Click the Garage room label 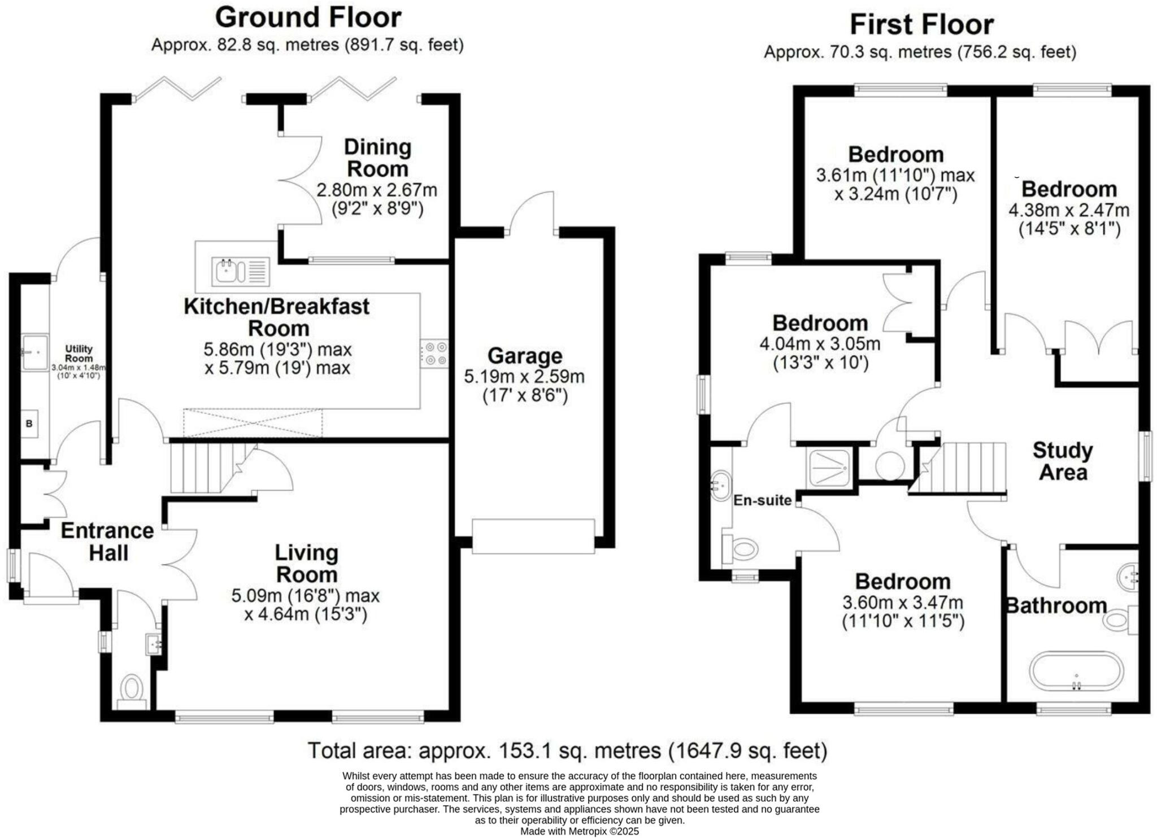click(x=525, y=356)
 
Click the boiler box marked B click(x=29, y=424)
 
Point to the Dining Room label click(x=377, y=158)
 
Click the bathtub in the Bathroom click(x=1076, y=671)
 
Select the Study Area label click(x=1063, y=461)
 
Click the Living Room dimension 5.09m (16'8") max click(x=305, y=596)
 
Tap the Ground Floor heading click(x=308, y=18)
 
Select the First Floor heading click(x=921, y=25)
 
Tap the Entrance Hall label click(x=107, y=542)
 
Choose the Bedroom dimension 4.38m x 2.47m click(x=1069, y=211)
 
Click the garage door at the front click(x=533, y=536)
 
